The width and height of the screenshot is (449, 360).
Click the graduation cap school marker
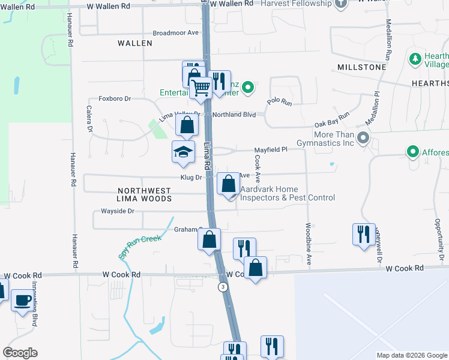(183, 151)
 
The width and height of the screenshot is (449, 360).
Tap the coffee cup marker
(23, 299)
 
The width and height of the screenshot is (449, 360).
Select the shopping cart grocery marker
(201, 88)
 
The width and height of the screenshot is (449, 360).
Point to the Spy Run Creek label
(140, 246)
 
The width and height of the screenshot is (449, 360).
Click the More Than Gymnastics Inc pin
(362, 139)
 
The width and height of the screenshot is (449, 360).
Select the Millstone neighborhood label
(361, 67)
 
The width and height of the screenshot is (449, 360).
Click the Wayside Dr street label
(117, 211)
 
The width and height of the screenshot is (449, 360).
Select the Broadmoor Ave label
(175, 33)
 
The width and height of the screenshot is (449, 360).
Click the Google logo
(20, 353)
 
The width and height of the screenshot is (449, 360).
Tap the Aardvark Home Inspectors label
(287, 193)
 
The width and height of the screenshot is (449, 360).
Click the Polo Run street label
(279, 102)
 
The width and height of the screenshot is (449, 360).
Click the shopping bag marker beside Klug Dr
(229, 184)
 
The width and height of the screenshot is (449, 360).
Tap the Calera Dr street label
(88, 119)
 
